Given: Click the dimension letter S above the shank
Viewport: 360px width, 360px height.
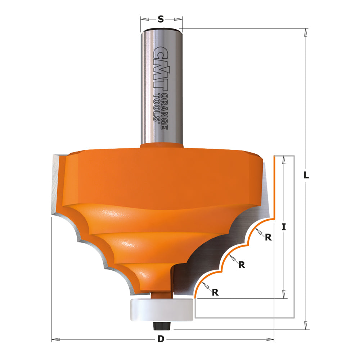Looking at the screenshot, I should coord(161,19).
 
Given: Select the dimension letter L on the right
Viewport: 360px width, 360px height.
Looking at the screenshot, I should coord(306,175).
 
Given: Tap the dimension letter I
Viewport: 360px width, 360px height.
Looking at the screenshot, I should coord(284,227).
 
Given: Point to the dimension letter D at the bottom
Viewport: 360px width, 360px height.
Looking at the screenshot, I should coord(161,339).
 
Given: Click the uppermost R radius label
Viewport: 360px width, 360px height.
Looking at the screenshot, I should coord(268,237).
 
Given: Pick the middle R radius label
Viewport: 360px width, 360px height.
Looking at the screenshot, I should coord(242,265).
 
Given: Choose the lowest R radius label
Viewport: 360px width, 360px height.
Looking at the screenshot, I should coord(215,292).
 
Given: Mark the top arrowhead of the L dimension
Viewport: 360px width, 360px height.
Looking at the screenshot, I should coord(306,32).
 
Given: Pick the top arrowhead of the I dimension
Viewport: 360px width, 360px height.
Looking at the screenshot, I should coord(284,160).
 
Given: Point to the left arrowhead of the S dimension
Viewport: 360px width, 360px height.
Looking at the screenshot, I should coord(144,19).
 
